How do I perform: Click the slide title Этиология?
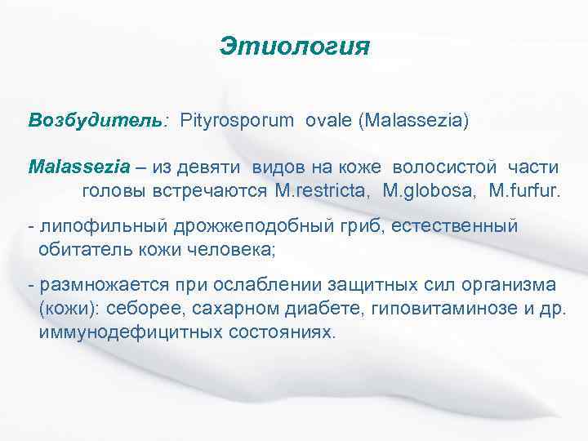click(294, 46)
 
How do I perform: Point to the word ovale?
click(328, 120)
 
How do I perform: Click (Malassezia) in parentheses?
click(413, 120)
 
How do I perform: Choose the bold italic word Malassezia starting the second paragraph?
click(78, 167)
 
